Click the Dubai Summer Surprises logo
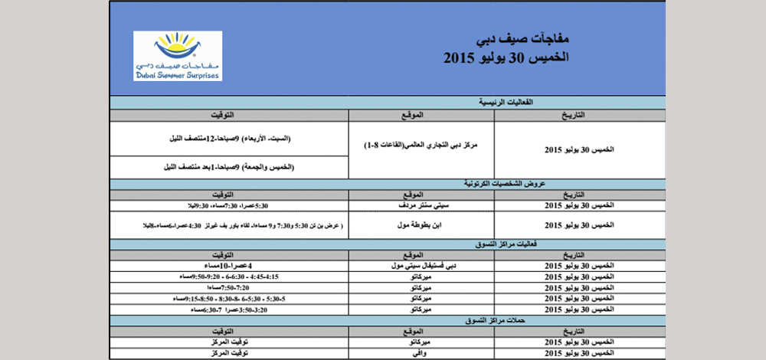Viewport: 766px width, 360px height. (x=178, y=57)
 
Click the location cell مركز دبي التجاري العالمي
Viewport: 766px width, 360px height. (x=421, y=146)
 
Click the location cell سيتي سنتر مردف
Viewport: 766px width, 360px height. (x=421, y=206)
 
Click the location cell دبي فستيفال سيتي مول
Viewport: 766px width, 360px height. (x=421, y=265)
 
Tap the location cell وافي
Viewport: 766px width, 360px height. (x=421, y=353)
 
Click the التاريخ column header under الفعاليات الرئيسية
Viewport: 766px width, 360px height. (x=579, y=115)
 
